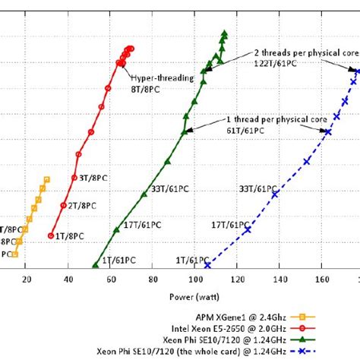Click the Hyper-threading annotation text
(x=162, y=77)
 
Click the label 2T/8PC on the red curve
(x=81, y=206)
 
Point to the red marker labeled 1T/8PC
(x=51, y=235)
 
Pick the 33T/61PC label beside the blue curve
(x=257, y=187)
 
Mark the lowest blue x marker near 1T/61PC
(x=207, y=265)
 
